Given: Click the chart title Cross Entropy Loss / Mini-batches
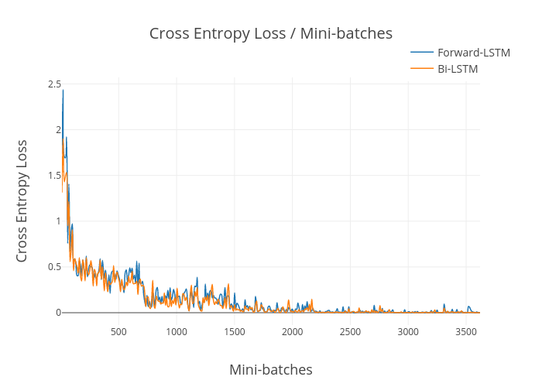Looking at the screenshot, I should point(271,33).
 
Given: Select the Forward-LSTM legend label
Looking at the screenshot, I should point(474,52).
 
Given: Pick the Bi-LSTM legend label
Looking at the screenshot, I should point(458,69).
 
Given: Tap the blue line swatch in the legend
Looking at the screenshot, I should point(422,52).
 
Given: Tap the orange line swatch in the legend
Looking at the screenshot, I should point(422,69).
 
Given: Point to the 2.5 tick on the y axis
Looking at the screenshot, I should point(54,84).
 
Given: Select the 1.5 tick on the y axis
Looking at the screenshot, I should point(54,175).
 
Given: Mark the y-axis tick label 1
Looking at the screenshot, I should point(57,221).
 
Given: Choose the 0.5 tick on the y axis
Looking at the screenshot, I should point(54,267).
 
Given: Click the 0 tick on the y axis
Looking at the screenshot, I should point(57,313).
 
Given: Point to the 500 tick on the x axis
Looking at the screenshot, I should point(118,332).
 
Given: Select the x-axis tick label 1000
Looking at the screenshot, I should point(177,332).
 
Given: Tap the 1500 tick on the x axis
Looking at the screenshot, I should point(235,332).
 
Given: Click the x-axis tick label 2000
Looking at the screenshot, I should point(292,332).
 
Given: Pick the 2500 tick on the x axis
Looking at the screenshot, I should point(350,332).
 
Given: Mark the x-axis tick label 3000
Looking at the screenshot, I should point(408,332).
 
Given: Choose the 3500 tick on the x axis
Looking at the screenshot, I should point(465,332).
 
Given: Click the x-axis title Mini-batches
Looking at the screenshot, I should point(271,369).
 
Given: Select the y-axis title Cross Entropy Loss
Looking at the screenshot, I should point(22,200).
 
